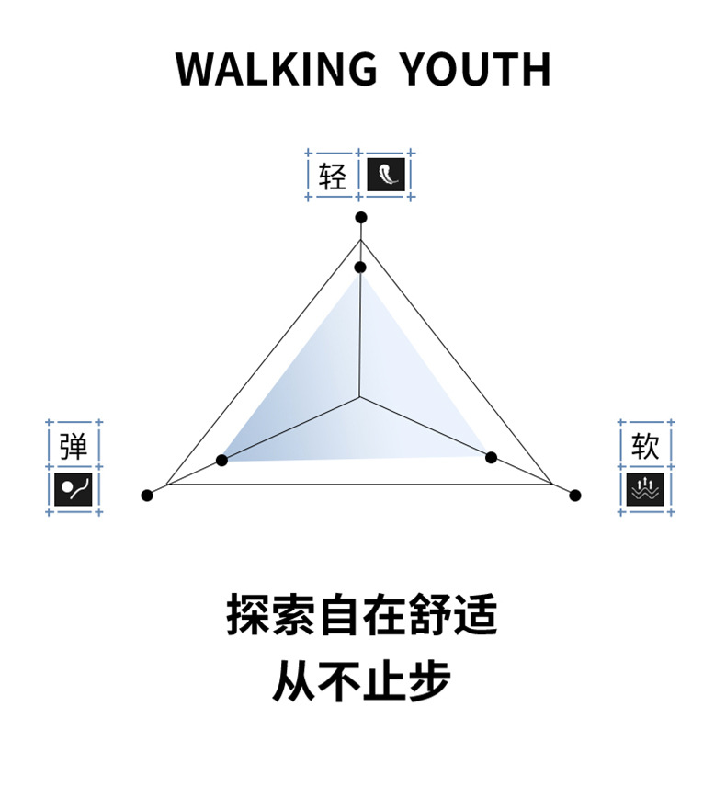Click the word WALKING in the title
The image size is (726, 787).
pos(276,70)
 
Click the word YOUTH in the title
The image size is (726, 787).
pos(477,70)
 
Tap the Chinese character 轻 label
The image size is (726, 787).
pos(333,175)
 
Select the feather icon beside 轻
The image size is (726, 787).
pos(386,175)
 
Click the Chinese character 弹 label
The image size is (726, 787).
pos(74,447)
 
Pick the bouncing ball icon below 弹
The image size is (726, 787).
pos(74,489)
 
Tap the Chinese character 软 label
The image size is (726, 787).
pos(645,447)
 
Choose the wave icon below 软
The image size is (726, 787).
pos(645,489)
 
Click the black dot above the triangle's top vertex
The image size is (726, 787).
pos(361,218)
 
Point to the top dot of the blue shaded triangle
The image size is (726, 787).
pos(360,268)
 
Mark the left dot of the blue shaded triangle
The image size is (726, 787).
pos(221,460)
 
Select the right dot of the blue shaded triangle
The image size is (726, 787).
pos(491,457)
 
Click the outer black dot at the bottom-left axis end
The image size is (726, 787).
pos(147,496)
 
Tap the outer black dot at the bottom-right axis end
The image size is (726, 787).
pos(575,496)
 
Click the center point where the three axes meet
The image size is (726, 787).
pos(360,397)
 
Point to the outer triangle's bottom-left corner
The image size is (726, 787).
pos(166,485)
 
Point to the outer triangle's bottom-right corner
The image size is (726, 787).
pos(552,484)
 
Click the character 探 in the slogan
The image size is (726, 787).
pos(248,616)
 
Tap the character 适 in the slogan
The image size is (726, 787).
pos(475,616)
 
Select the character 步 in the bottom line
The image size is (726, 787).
pos(429,681)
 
